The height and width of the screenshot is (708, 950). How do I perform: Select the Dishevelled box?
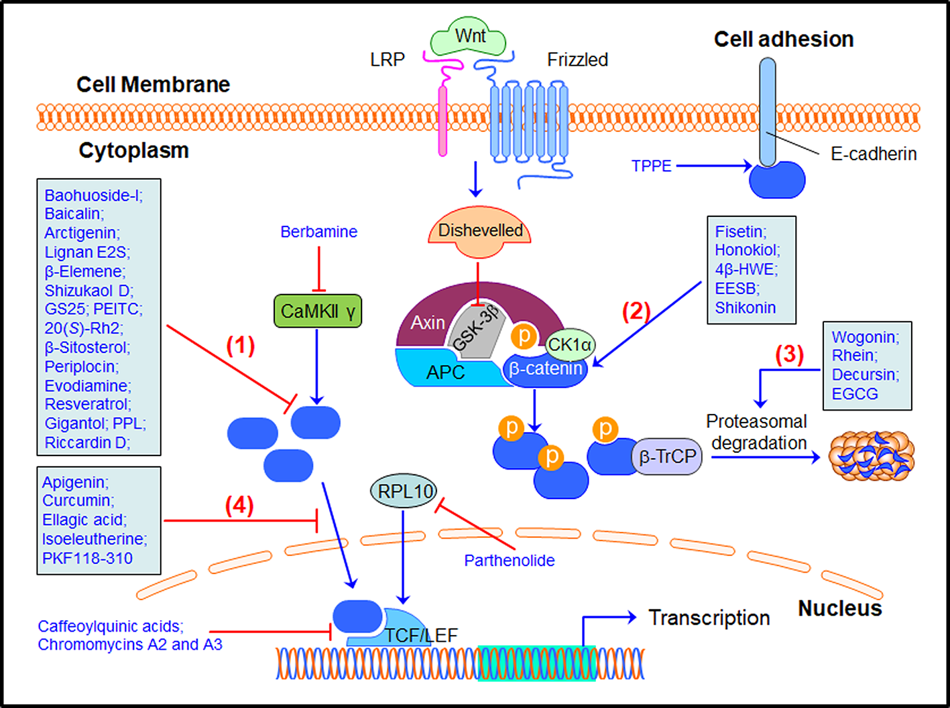[480, 231]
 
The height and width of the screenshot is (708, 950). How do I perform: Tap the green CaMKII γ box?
[318, 311]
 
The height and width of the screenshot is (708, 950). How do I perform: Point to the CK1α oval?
[569, 344]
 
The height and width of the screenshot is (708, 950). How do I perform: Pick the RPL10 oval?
[404, 492]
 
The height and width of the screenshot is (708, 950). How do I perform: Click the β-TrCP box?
[667, 457]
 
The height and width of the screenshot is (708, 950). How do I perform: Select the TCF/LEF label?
[421, 634]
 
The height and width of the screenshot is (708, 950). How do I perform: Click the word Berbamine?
[318, 232]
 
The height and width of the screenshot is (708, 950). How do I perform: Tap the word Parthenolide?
[509, 561]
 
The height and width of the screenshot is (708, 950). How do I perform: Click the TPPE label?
[651, 166]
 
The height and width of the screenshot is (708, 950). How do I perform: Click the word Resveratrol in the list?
[87, 405]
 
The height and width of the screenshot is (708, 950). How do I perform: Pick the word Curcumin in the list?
[78, 501]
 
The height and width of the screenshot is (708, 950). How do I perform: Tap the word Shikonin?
[745, 308]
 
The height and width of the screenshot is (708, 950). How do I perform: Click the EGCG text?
[854, 394]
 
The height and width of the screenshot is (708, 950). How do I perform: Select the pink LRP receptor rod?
[442, 121]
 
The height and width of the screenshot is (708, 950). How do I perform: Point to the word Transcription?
[709, 618]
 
